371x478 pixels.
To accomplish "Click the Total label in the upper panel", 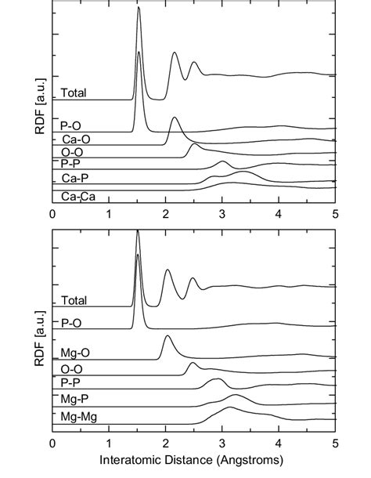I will click(74, 92).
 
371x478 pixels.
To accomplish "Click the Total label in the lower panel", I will click(74, 300).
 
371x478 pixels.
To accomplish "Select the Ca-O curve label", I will click(76, 138).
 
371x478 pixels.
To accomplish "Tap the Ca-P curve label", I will click(76, 179).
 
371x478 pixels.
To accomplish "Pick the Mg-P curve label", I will click(76, 400).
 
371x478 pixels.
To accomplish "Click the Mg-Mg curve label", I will click(79, 417).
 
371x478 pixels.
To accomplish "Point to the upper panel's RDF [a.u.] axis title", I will click(39, 113).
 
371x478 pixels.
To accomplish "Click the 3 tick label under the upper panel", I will click(222, 213).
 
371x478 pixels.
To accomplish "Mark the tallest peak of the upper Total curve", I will click(139, 9).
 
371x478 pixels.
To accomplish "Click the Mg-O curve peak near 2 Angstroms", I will click(166, 336).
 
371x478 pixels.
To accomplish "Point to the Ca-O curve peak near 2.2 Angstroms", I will click(174, 118).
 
